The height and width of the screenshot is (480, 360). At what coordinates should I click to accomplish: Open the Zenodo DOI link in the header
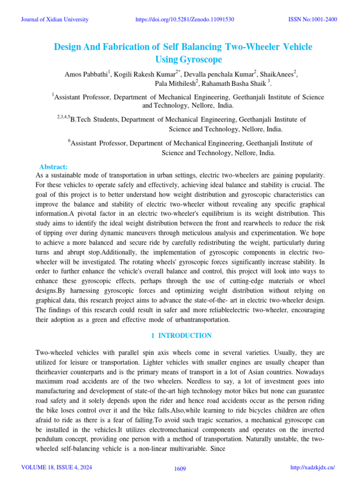[x=184, y=19]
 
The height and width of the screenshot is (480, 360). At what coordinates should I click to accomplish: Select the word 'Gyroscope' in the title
[x=187, y=60]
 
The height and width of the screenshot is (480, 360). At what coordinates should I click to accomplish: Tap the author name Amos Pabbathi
[x=86, y=74]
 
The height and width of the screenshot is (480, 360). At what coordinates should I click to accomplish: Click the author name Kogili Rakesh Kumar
[x=144, y=74]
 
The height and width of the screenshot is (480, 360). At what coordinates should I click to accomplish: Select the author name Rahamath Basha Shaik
[x=232, y=84]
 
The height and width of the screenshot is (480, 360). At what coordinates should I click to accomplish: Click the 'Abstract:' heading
[x=53, y=167]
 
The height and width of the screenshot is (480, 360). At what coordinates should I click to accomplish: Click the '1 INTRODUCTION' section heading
[x=181, y=336]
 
